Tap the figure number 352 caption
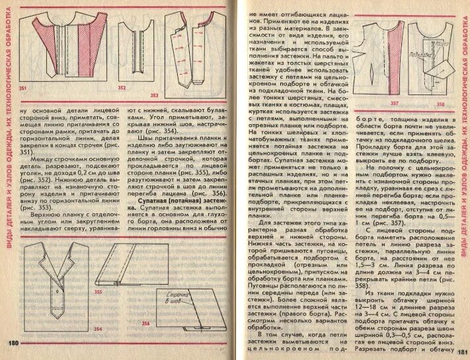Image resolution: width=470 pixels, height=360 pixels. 122,87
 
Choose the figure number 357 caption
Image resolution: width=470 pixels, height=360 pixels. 394,104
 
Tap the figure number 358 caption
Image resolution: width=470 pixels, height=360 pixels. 440,104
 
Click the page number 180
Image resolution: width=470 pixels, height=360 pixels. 13,343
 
